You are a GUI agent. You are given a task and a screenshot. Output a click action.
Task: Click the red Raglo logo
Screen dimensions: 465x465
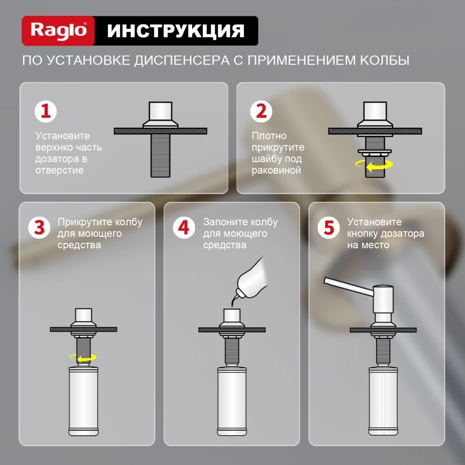(58, 31)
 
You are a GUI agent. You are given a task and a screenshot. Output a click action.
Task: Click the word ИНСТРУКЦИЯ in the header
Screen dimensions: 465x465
(175, 31)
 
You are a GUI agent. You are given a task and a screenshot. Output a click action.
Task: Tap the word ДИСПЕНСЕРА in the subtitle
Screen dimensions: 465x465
(188, 61)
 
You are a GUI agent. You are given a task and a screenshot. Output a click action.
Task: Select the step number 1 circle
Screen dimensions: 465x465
(46, 111)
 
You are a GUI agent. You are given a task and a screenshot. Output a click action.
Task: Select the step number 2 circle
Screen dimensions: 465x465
(262, 111)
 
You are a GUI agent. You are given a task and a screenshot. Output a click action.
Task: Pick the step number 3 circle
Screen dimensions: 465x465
(39, 227)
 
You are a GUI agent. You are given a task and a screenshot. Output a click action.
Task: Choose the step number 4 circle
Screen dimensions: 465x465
(184, 227)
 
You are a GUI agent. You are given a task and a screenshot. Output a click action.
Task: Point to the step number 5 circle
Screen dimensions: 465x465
(328, 227)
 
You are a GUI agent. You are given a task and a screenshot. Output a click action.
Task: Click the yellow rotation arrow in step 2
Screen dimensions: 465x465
(374, 164)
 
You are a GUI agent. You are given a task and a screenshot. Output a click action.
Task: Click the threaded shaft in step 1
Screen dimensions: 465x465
(160, 155)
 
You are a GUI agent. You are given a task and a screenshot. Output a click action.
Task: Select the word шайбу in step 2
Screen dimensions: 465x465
(267, 159)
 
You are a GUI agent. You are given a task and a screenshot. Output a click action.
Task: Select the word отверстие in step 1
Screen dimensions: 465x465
(59, 170)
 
